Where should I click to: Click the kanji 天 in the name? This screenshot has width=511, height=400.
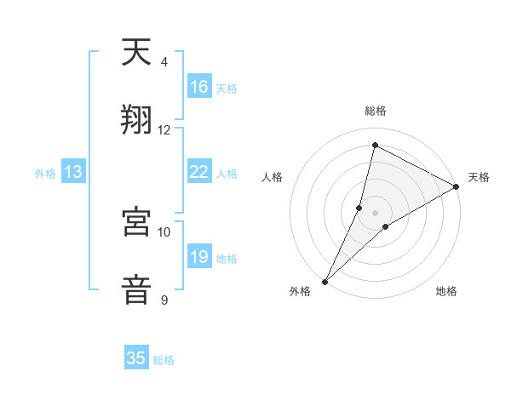pos(136,53)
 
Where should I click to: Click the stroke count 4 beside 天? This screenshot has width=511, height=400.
pos(164,62)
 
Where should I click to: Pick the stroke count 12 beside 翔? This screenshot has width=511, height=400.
pos(164,129)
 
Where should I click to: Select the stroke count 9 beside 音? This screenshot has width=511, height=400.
pos(164,300)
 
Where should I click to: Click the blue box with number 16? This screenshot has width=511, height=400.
pos(199,86)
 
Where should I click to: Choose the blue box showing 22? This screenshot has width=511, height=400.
pos(199,172)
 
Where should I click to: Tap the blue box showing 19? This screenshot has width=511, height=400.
pos(199,257)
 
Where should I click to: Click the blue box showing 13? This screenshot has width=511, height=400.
pos(73,172)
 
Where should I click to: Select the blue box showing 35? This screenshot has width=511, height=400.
pos(136,358)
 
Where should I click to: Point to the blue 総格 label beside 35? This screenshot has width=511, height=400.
pos(164,360)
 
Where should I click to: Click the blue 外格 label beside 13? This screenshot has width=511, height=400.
pos(45,174)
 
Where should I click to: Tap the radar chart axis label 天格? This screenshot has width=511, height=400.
pos(479,177)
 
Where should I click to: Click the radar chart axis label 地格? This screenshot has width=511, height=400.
pos(446,291)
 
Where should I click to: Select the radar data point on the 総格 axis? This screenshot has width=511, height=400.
pos(375,146)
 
